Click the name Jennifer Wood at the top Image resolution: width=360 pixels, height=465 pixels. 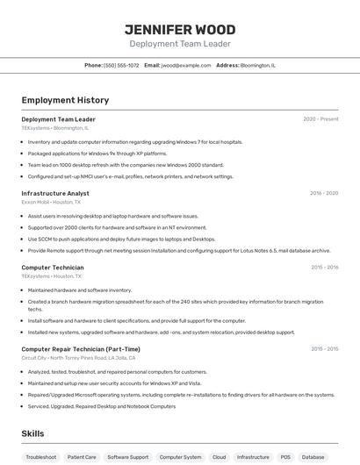click(x=180, y=29)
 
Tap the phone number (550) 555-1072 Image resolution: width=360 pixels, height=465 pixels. click(x=121, y=65)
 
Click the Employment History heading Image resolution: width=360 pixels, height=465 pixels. click(x=65, y=100)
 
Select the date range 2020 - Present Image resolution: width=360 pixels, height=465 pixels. click(x=320, y=119)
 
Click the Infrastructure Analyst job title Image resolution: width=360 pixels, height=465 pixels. click(x=55, y=193)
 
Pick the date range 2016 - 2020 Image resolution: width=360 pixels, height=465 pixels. click(x=324, y=193)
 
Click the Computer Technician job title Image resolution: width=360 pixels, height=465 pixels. click(x=53, y=267)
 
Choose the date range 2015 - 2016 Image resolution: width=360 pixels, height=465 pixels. click(x=324, y=267)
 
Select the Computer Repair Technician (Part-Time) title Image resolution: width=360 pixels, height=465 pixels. click(x=81, y=348)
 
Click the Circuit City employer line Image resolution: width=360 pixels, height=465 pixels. click(x=78, y=358)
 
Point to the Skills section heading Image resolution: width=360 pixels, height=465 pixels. click(x=32, y=433)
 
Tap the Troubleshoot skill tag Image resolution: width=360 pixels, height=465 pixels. click(x=41, y=457)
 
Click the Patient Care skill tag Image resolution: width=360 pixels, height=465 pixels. click(x=82, y=457)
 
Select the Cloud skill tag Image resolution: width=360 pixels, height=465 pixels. click(x=219, y=457)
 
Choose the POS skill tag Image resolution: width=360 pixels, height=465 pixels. click(x=285, y=457)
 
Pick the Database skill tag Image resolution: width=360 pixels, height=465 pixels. click(x=313, y=457)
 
